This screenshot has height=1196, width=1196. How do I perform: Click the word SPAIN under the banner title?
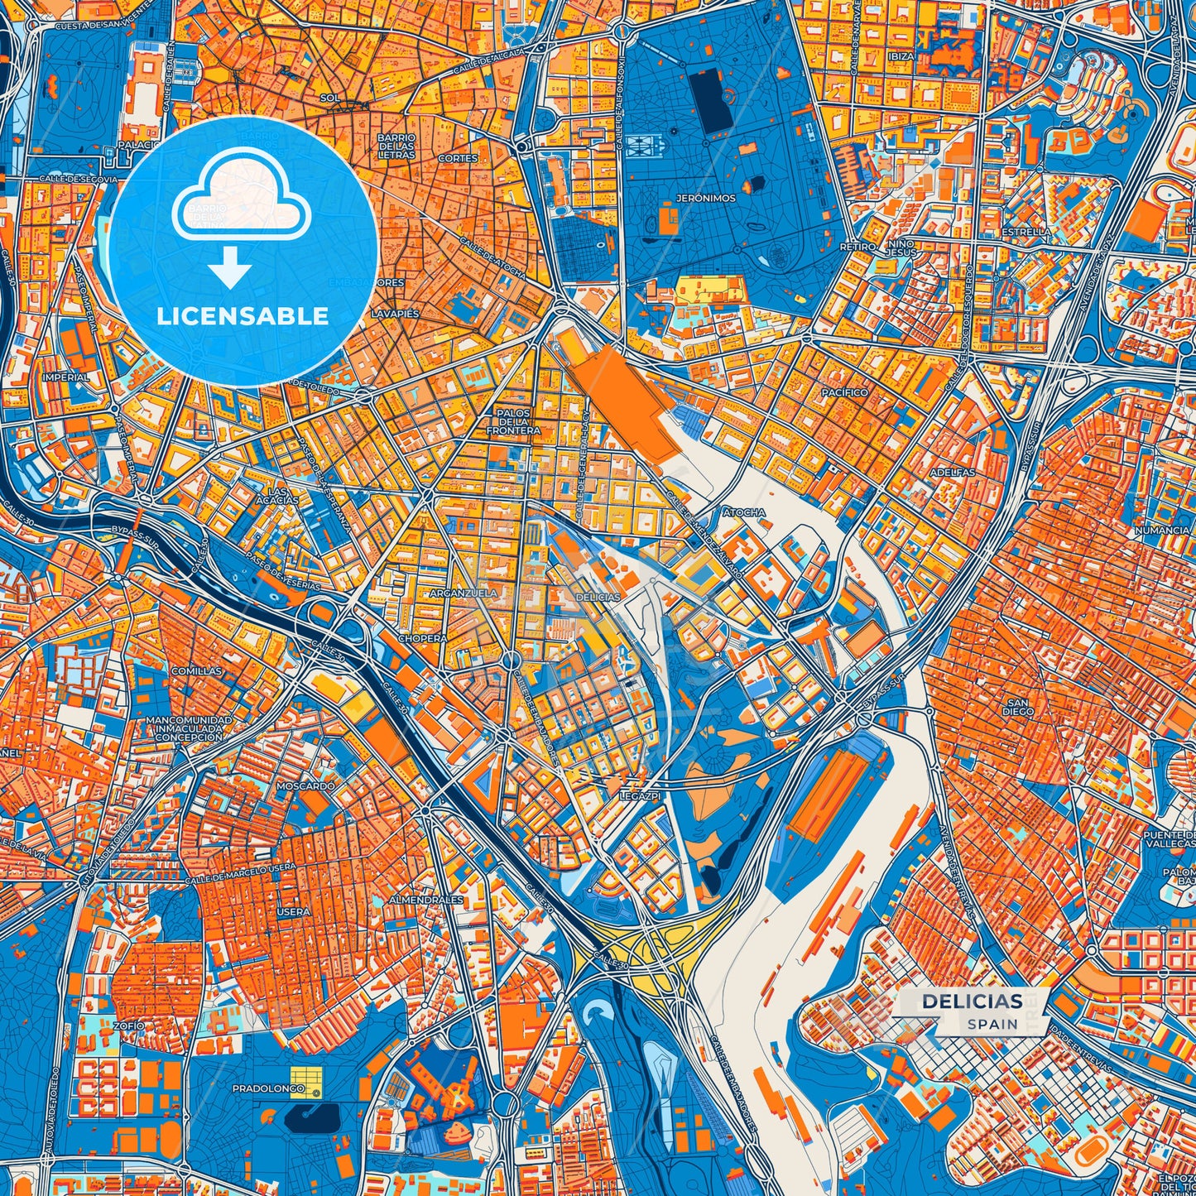992,1024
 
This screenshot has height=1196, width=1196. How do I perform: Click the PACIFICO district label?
844,392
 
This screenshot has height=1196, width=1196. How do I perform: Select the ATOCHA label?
744,512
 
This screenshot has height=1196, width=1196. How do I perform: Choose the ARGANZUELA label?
464,593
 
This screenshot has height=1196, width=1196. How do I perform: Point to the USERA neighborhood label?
293,911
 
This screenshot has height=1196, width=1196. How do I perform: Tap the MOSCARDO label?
305,785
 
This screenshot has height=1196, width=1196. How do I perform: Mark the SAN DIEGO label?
1017,706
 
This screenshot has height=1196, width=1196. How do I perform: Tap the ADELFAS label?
953,472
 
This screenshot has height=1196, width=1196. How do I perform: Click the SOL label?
329,98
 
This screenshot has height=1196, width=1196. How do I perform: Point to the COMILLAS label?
196,671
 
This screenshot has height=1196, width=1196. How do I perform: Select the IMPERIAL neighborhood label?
65,377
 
